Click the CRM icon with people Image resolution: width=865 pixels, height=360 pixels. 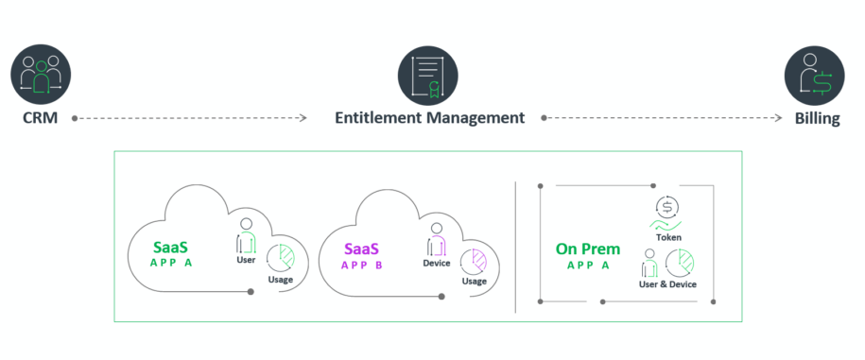pos(42,75)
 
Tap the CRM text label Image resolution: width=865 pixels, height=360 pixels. pos(42,119)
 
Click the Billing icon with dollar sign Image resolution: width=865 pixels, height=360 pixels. pos(815,75)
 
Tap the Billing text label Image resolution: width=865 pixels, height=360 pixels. pos(816,119)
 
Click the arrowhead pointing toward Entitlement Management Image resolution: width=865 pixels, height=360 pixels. pos(303,119)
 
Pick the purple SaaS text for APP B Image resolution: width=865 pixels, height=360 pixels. pos(361,249)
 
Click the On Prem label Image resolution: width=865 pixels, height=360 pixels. pos(588,249)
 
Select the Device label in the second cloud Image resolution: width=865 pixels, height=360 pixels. pos(436,264)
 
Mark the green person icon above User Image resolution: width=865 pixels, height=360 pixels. pos(246,236)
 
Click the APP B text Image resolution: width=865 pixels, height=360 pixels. pos(361,266)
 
